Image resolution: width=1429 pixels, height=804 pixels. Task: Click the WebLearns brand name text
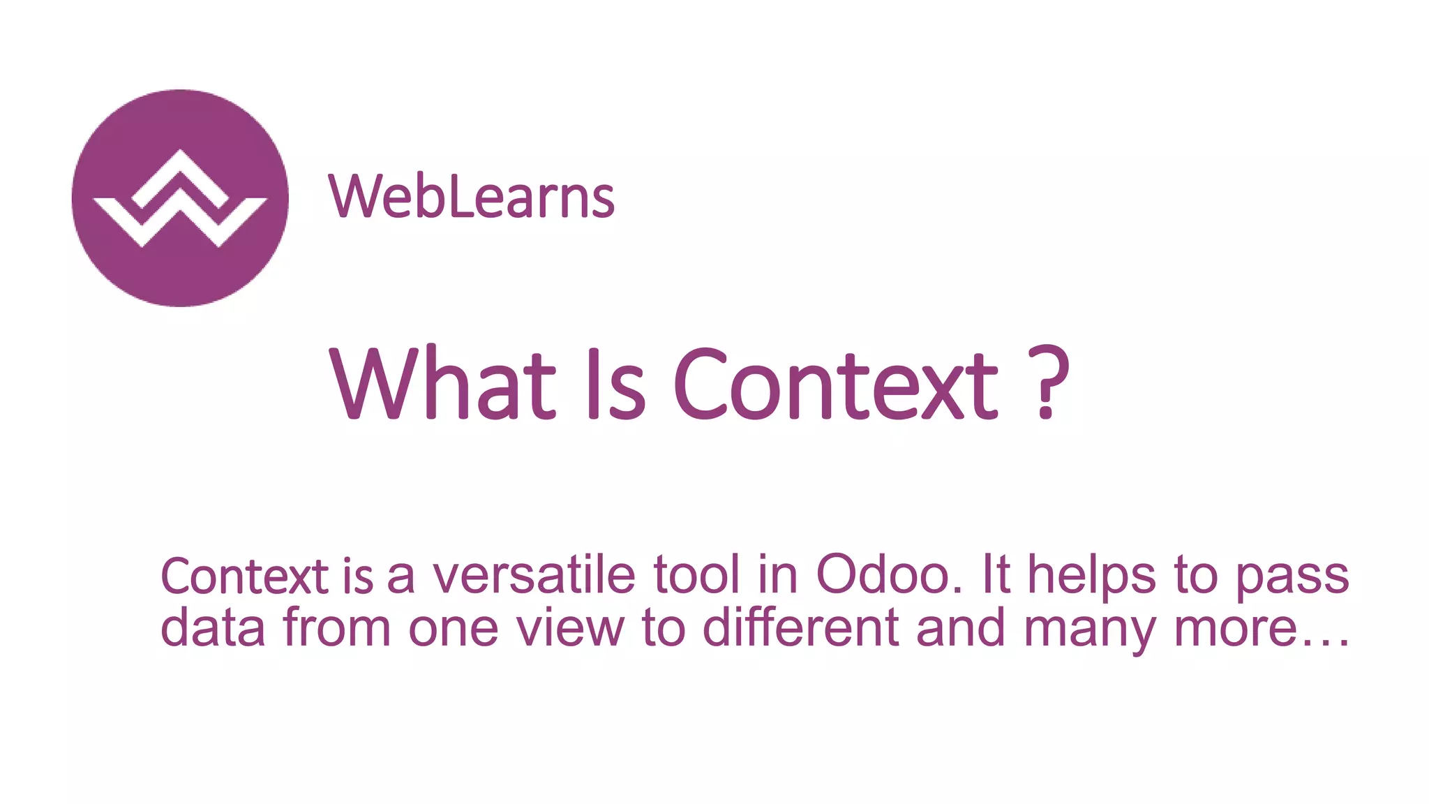click(471, 197)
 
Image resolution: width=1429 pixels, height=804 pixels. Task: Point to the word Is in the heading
click(617, 383)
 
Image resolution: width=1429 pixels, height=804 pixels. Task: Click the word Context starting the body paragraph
click(244, 576)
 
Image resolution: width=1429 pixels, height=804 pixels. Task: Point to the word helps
click(1092, 576)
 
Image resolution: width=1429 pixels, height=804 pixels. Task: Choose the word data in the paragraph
click(213, 627)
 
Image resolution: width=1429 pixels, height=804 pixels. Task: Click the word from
click(337, 627)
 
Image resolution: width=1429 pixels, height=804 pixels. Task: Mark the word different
click(801, 627)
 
